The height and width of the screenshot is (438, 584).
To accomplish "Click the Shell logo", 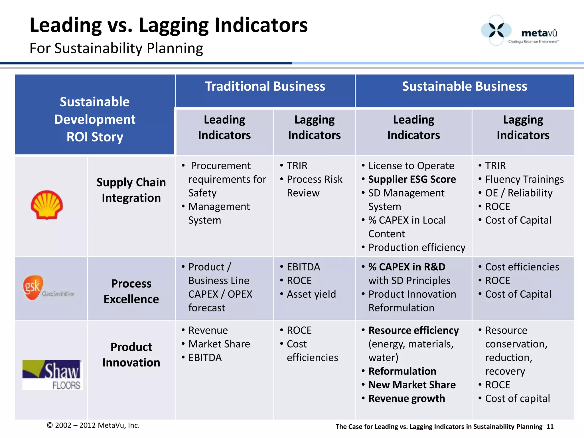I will [x=47, y=205].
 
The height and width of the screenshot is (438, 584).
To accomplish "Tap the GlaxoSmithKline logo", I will [x=48, y=288].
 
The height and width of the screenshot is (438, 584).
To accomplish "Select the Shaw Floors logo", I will [x=52, y=375].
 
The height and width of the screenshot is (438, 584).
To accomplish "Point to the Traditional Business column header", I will [x=265, y=86].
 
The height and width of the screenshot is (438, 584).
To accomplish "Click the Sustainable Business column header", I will [x=465, y=86].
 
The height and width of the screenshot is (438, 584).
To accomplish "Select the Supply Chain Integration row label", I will [x=131, y=190].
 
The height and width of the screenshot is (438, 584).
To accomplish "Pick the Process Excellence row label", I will [x=131, y=291].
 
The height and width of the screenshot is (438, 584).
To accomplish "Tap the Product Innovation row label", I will [x=131, y=355].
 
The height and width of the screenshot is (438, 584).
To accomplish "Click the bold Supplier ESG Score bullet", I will [x=412, y=179].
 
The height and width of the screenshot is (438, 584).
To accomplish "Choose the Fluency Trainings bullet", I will [x=524, y=179].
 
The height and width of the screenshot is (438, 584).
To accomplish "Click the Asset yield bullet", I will [x=311, y=294].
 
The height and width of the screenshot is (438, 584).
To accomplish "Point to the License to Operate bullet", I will [x=411, y=166].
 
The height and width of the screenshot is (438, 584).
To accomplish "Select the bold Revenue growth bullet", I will [x=406, y=398].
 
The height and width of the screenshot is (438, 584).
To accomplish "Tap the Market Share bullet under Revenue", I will [x=219, y=344].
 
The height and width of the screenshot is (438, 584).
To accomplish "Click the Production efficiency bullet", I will [x=417, y=247].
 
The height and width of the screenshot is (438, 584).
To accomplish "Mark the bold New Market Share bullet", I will [x=412, y=385].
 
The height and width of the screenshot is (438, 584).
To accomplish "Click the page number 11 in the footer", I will [x=550, y=427].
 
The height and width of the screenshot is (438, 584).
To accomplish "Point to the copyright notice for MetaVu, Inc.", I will [x=93, y=425].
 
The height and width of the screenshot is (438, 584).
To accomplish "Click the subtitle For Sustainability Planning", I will [x=116, y=48].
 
